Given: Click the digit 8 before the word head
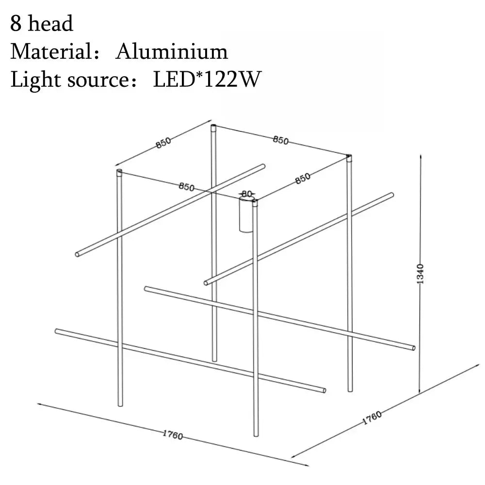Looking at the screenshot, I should [16, 24].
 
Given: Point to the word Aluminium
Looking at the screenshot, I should [171, 51].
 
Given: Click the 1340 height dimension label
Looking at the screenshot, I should [420, 274].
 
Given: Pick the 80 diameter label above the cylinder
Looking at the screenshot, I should [247, 194].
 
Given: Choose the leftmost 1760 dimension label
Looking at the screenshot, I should [172, 435].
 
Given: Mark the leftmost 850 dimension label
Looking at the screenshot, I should [163, 142].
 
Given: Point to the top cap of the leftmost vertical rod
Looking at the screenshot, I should [119, 172].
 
